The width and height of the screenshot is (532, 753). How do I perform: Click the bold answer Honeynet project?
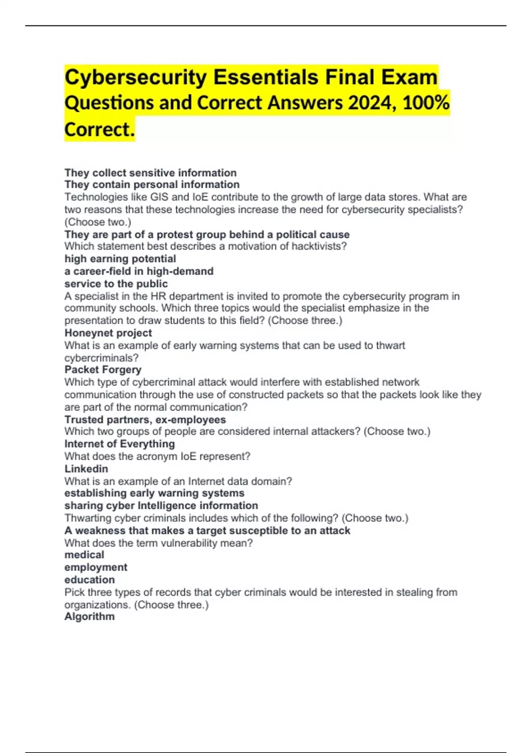tap(108, 333)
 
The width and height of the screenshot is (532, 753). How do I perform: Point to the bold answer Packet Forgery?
tap(103, 369)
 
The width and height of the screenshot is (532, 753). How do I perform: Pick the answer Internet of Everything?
tap(120, 444)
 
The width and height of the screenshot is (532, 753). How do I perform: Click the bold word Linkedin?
tap(86, 469)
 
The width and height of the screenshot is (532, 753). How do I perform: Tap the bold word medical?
tap(84, 555)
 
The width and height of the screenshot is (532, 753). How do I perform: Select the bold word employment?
tap(96, 567)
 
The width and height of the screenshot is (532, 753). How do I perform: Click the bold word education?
tap(90, 579)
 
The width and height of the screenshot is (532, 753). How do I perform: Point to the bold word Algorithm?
tap(90, 616)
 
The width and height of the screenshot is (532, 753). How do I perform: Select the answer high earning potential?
tap(120, 259)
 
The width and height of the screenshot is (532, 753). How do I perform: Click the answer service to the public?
tap(116, 283)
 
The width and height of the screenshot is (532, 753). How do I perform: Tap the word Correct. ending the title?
tap(99, 129)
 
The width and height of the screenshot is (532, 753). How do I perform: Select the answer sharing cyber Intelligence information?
tap(161, 505)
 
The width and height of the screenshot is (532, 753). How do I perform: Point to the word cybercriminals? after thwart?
tap(102, 358)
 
